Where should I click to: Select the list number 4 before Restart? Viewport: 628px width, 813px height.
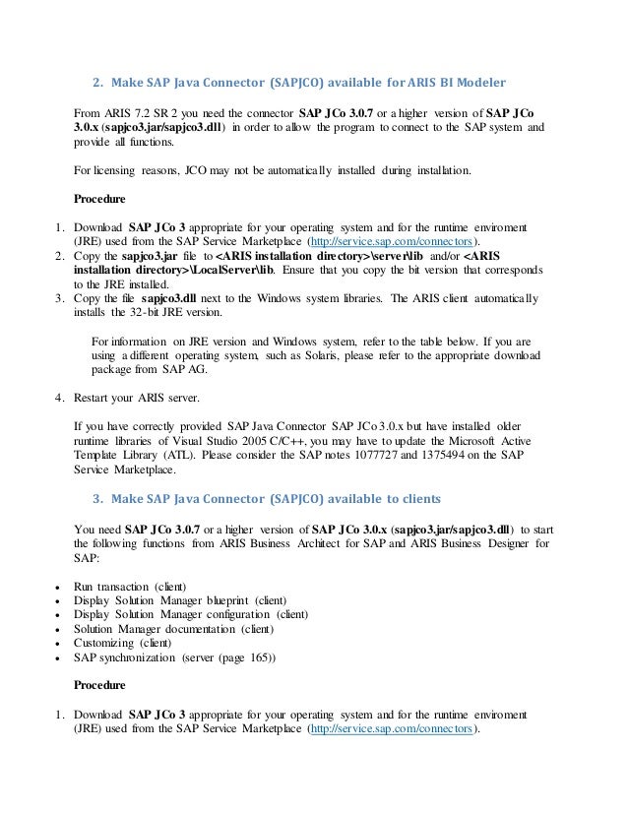(x=58, y=398)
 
